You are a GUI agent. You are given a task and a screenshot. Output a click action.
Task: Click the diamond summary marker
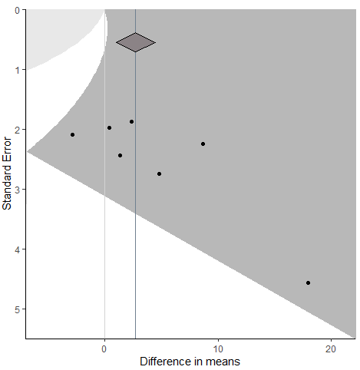tap(135, 42)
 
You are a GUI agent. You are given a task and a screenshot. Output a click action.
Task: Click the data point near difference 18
tap(308, 282)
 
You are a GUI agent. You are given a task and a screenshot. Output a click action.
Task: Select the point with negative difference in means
tap(72, 134)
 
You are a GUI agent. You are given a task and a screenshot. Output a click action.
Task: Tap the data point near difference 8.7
tap(203, 144)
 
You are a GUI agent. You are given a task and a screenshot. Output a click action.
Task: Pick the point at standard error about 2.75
tap(159, 173)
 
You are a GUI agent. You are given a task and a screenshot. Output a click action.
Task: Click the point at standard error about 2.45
tap(120, 155)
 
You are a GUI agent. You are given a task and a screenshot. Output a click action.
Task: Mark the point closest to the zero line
tap(109, 127)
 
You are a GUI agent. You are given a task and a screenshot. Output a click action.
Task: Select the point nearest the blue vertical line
tap(131, 121)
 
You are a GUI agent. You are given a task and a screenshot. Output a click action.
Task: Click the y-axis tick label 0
tap(18, 9)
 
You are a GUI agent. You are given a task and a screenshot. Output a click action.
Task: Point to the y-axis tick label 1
tap(18, 69)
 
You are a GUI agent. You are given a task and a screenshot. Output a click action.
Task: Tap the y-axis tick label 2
tap(18, 129)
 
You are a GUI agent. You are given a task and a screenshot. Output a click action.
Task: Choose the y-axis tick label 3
tap(18, 189)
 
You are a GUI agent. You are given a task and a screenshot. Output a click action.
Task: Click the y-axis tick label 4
tap(18, 249)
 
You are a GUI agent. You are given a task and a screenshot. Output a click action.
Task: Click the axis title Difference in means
tap(190, 360)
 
